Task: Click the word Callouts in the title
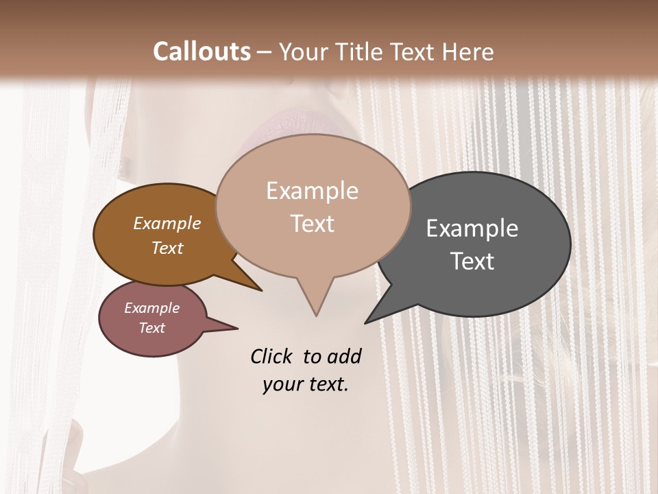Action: (202, 51)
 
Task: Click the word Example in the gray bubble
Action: (472, 228)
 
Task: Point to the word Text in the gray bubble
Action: (472, 261)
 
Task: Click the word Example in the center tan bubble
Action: (312, 191)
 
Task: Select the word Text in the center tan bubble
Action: (312, 224)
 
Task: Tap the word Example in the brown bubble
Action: (167, 223)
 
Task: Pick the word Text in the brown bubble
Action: (167, 248)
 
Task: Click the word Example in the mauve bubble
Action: (152, 308)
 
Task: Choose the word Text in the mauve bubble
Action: (152, 328)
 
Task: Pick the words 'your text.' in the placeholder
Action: (306, 384)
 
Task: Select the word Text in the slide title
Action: (413, 51)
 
